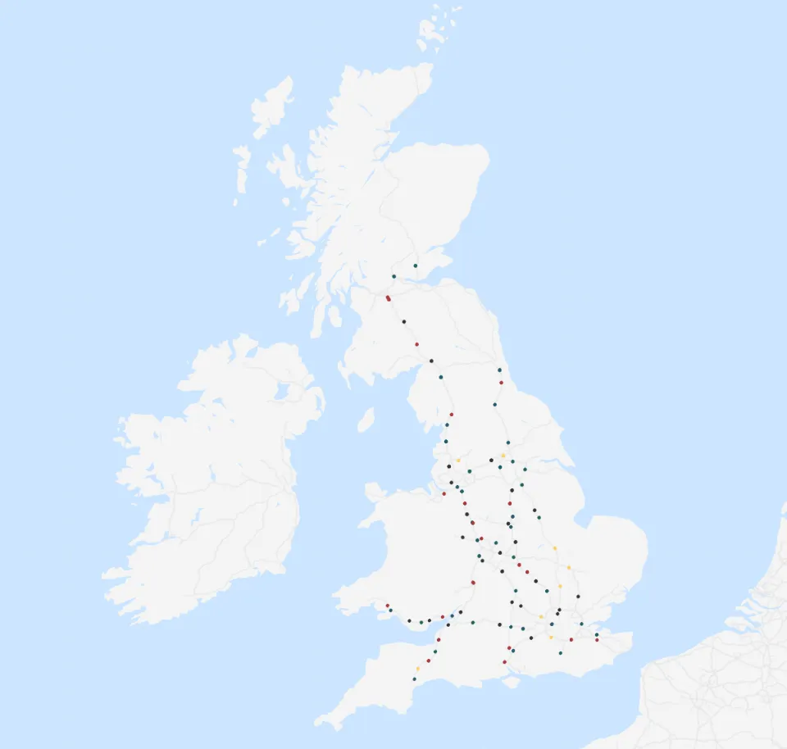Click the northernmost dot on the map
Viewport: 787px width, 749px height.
(x=416, y=266)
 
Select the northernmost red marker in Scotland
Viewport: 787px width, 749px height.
(x=388, y=298)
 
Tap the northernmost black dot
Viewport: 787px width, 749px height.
(x=403, y=322)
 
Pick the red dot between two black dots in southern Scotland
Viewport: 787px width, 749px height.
(x=416, y=344)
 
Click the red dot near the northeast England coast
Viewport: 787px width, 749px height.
(x=501, y=383)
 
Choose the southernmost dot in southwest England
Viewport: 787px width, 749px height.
(x=414, y=679)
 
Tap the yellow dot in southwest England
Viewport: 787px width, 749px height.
(x=417, y=670)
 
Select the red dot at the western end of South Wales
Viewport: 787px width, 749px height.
(x=387, y=606)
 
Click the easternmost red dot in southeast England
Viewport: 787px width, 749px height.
(x=597, y=639)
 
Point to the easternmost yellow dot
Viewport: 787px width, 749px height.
(x=569, y=567)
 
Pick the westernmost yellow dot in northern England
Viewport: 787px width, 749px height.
(x=458, y=461)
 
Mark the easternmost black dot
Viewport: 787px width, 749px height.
(x=578, y=597)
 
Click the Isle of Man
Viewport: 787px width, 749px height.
(x=366, y=420)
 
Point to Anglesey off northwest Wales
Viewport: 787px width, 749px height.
(x=375, y=493)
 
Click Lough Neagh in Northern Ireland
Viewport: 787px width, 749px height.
(x=284, y=393)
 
